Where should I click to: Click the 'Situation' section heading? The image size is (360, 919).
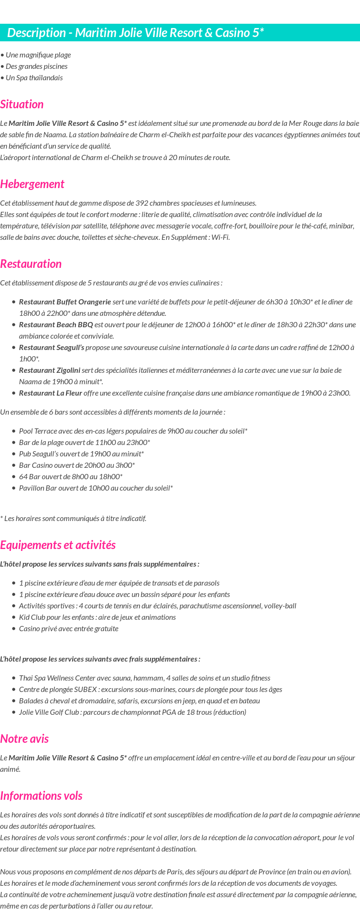pos(22,104)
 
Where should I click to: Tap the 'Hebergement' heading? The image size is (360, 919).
pos(32,184)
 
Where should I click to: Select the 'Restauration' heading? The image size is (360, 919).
pos(31,264)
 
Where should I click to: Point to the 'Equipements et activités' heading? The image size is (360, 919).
pos(58,545)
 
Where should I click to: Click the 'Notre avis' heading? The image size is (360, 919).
pos(24,739)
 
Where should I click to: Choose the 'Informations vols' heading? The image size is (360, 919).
pos(41,796)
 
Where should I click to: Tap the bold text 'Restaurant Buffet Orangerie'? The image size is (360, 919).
pos(65,302)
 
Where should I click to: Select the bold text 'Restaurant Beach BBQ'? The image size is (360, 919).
pos(56,325)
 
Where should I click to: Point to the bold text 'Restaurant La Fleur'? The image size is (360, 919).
pos(50,393)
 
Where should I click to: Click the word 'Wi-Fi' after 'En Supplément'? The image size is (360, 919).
pos(220,237)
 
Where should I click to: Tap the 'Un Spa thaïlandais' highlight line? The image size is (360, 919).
pos(33,78)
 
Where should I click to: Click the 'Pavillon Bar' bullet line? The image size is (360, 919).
pos(95,488)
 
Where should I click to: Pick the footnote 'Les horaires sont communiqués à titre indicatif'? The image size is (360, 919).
pos(75,519)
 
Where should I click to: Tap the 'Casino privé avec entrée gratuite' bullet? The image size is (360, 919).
pos(68,629)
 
